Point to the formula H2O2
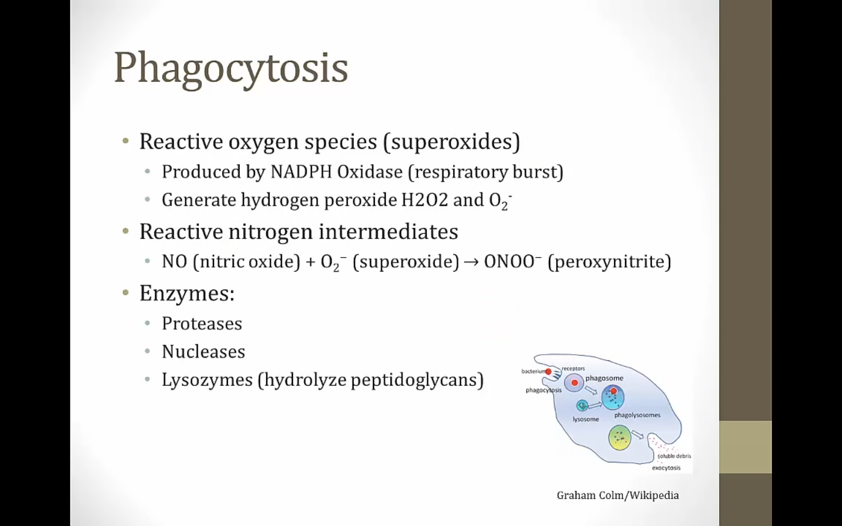pyautogui.click(x=425, y=200)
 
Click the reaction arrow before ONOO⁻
pyautogui.click(x=471, y=262)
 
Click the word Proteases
pyautogui.click(x=202, y=324)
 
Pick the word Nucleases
pyautogui.click(x=203, y=352)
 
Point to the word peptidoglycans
pyautogui.click(x=414, y=380)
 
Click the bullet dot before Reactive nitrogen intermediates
pyautogui.click(x=126, y=231)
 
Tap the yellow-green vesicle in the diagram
pyautogui.click(x=619, y=438)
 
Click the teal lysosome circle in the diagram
pyautogui.click(x=582, y=406)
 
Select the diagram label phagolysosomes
pyautogui.click(x=637, y=415)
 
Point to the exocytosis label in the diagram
pyautogui.click(x=666, y=468)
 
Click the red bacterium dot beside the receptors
pyautogui.click(x=548, y=372)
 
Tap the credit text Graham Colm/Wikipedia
pyautogui.click(x=617, y=496)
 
